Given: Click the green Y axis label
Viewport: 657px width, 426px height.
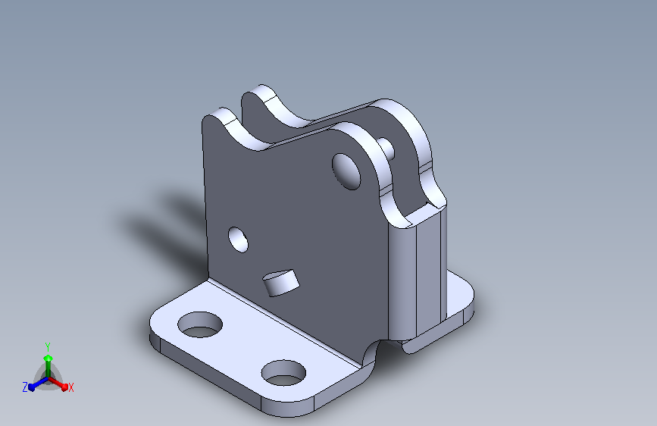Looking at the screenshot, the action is [x=48, y=347].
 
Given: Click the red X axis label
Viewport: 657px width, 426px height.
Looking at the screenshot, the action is [x=70, y=387].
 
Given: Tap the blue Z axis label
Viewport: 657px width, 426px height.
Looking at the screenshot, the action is [x=25, y=387].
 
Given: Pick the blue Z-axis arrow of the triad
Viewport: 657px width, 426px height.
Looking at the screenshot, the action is [x=39, y=384].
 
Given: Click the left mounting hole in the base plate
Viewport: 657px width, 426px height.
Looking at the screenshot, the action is [x=200, y=324].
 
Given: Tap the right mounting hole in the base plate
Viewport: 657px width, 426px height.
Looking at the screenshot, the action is [x=283, y=373].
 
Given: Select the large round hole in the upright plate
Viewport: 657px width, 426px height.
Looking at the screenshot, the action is [x=346, y=171].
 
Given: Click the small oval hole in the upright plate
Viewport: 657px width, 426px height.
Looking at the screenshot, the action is [x=238, y=240].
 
